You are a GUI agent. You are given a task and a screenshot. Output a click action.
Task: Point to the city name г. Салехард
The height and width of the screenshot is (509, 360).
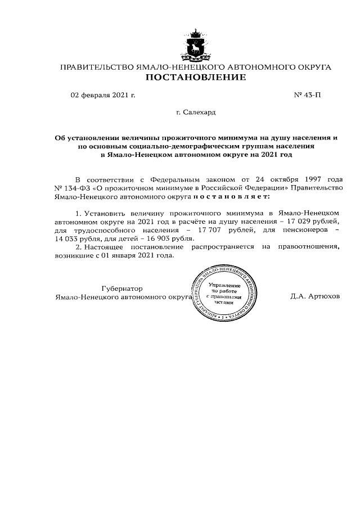196,112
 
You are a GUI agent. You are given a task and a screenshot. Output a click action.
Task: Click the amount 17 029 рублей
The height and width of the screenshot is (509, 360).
314,222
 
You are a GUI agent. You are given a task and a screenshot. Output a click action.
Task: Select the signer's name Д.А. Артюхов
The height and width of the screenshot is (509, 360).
315,296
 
